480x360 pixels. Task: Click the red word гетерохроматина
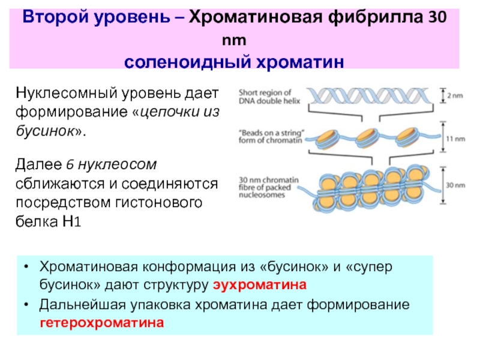[102, 323]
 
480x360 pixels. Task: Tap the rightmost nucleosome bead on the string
[412, 138]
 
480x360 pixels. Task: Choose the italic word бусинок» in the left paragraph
[50, 131]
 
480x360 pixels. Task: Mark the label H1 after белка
[70, 221]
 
